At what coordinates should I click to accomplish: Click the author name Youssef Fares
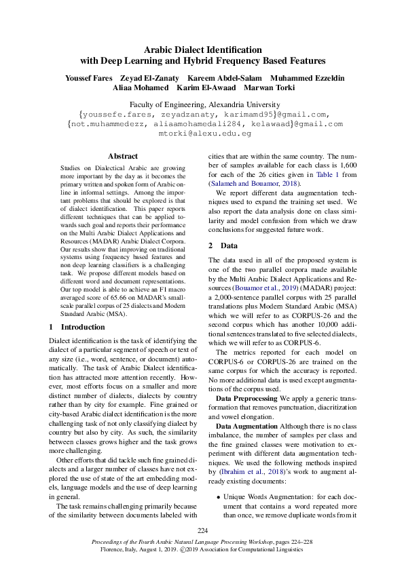click(89, 78)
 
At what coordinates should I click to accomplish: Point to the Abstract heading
click(123, 156)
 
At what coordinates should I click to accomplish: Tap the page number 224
click(202, 530)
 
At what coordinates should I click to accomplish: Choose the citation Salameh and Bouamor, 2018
click(254, 183)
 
